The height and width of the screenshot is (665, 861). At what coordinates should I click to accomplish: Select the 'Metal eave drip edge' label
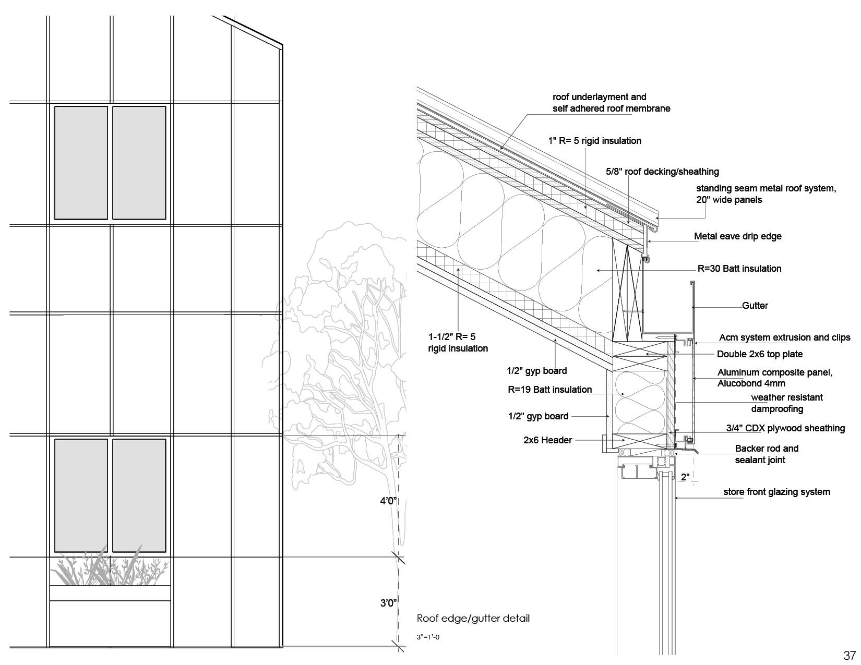[737, 236]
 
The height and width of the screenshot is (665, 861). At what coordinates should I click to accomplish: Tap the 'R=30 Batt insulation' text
[739, 269]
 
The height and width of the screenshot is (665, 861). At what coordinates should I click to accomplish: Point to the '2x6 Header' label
[547, 440]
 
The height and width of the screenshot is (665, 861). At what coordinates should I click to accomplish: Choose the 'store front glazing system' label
[776, 492]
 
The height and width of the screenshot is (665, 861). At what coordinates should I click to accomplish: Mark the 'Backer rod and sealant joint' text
[766, 454]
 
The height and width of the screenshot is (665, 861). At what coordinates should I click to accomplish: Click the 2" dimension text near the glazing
[685, 477]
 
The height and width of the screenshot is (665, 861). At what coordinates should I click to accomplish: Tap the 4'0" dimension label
[388, 501]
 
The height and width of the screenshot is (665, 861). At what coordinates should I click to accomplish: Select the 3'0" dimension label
[388, 603]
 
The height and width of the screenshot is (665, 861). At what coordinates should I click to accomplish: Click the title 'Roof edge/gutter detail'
[473, 619]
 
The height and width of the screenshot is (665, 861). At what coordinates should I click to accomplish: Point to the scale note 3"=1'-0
[428, 637]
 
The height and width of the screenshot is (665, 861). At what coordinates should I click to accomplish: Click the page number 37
[849, 655]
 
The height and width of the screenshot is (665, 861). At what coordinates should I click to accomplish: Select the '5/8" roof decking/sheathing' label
[662, 172]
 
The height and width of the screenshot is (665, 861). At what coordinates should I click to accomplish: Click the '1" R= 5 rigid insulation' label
[594, 141]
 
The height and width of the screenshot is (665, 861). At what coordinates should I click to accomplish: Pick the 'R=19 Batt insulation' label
[549, 390]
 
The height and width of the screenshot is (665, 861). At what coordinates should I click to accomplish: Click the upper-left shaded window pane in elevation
[81, 162]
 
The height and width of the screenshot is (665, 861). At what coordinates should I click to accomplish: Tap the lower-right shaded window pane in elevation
[139, 495]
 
